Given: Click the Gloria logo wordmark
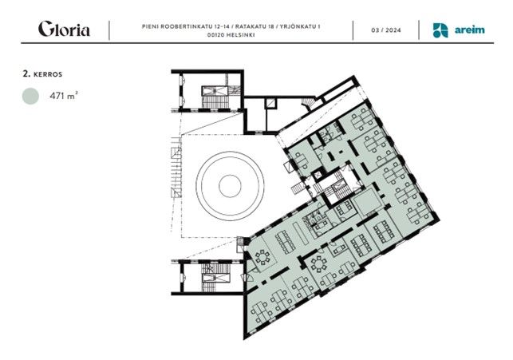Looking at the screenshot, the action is [64, 29].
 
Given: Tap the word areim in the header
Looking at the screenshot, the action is [469, 30].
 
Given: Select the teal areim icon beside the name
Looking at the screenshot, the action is [440, 30].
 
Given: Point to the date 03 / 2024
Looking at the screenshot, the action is [385, 30].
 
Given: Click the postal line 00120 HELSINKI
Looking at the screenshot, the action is [231, 34].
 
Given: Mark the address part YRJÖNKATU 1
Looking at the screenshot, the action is [299, 26].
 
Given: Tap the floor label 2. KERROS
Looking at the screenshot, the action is [42, 74].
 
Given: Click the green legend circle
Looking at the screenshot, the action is [31, 97].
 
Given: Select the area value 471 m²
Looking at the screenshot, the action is [64, 96].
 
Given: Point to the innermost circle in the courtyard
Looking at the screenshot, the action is [230, 186].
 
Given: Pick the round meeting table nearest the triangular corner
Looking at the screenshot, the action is [262, 257].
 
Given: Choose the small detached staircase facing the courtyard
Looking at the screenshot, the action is [298, 188].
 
